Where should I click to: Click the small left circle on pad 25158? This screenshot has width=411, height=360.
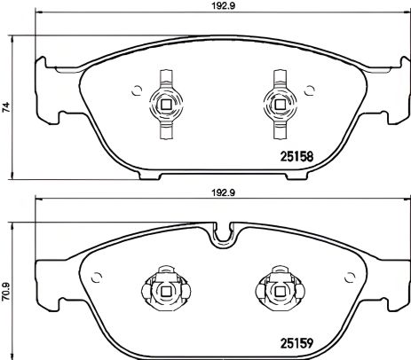click(136, 89)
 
